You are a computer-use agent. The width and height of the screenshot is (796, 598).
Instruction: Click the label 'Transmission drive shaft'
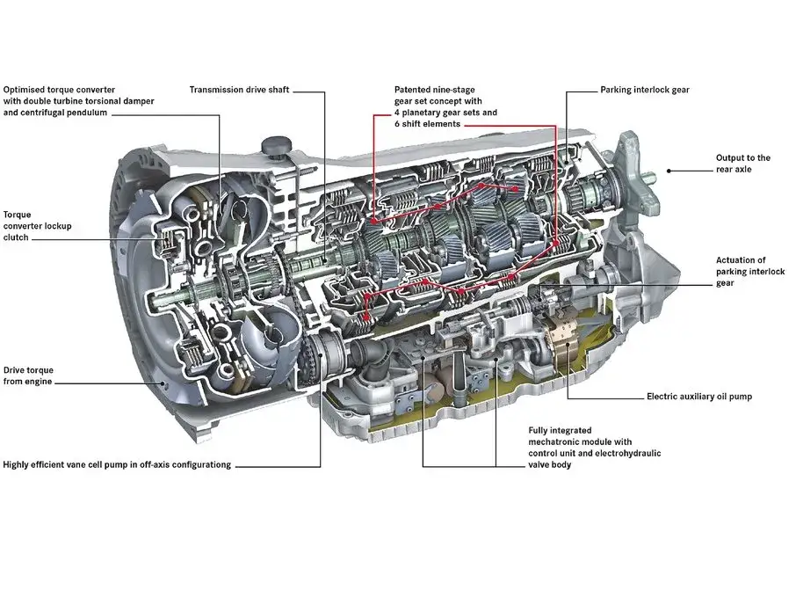[x=239, y=90]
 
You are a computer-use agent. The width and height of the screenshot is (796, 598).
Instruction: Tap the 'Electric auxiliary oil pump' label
[x=698, y=397]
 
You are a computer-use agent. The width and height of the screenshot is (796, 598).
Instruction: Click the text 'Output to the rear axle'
[x=742, y=164]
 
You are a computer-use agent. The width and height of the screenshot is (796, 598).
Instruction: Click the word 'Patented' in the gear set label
[x=413, y=90]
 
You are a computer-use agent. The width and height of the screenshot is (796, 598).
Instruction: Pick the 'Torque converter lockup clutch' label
[x=37, y=226]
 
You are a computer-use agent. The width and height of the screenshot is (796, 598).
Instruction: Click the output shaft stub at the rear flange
[x=648, y=178]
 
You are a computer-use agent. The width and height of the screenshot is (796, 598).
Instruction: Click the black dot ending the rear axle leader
[x=668, y=171]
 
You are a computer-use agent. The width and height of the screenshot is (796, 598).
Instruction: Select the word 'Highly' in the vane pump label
[x=18, y=464]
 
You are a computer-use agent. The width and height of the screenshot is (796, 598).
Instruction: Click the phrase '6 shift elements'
[x=428, y=124]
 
